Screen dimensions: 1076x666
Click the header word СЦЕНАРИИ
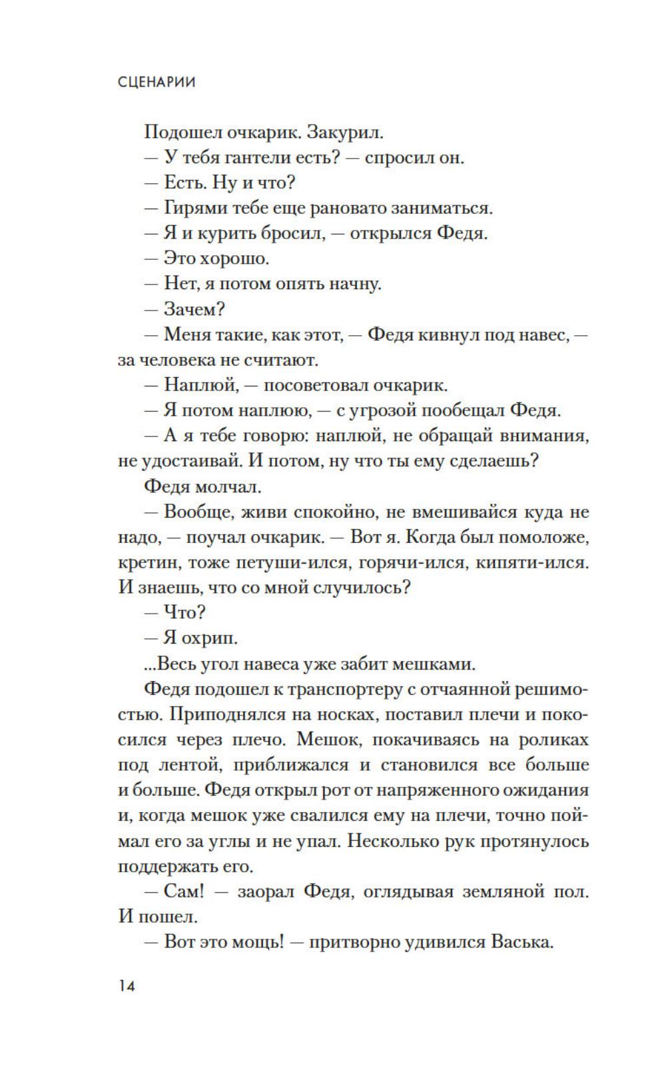tap(157, 83)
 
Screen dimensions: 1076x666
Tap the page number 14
tap(127, 985)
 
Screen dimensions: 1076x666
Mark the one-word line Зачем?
tap(194, 309)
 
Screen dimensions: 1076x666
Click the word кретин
tap(147, 562)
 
